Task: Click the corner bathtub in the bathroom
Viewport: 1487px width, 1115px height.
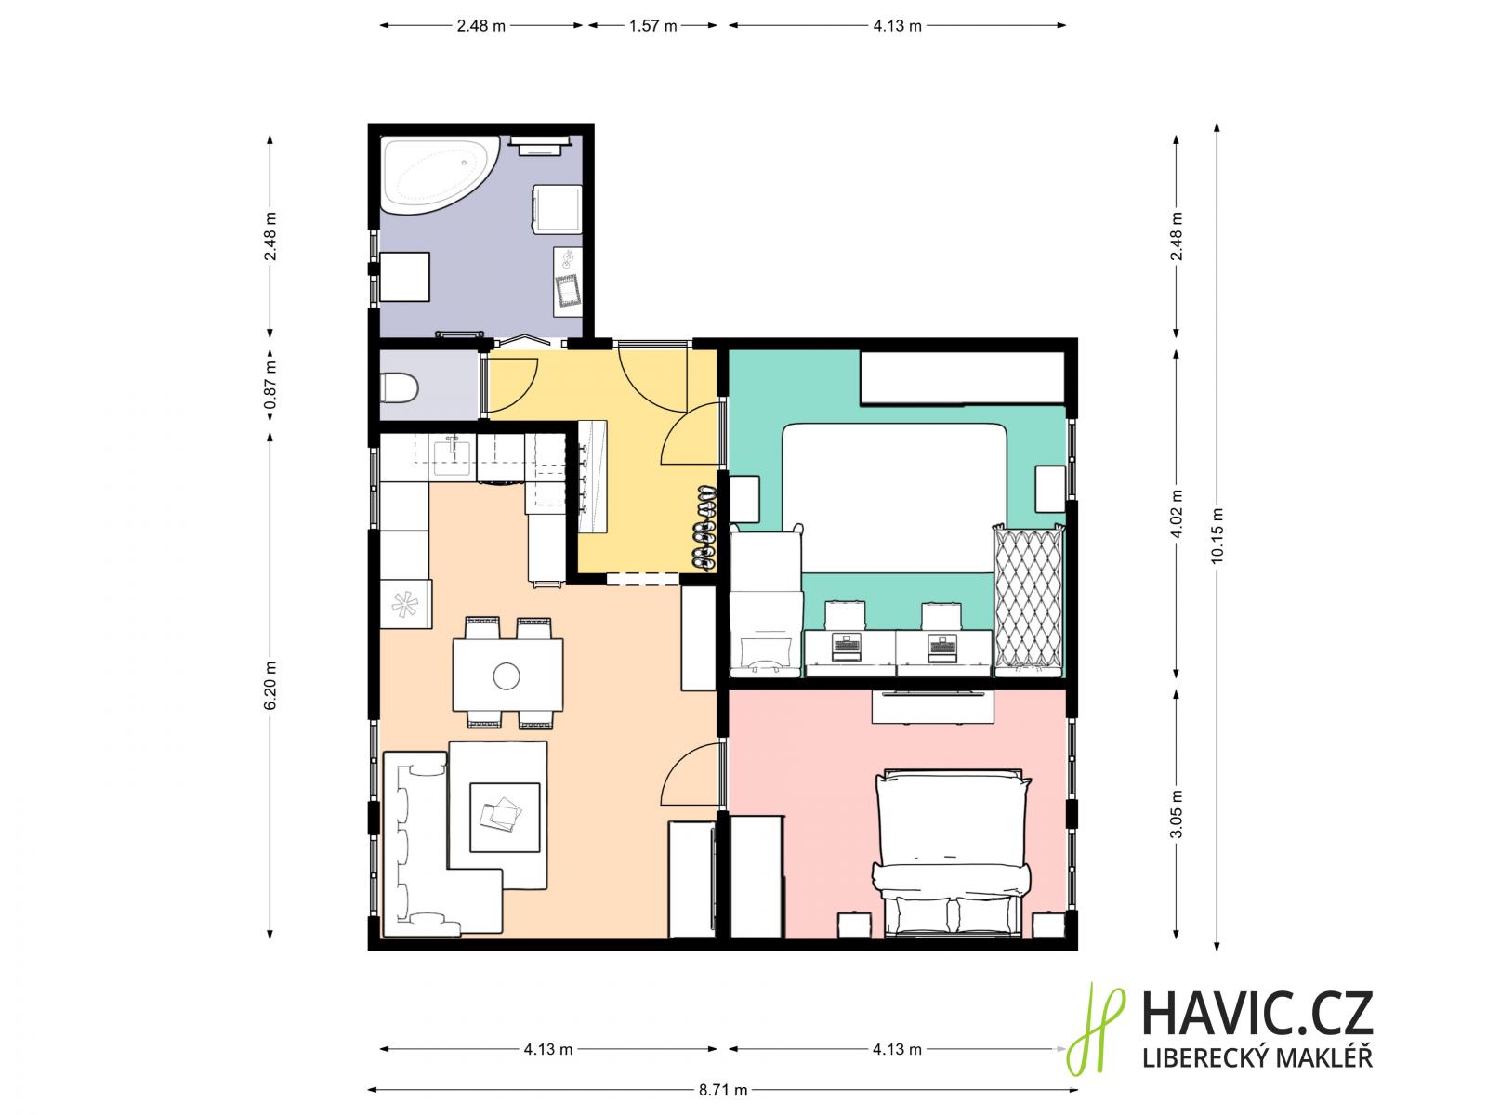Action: (x=434, y=175)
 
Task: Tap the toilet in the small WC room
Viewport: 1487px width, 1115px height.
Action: (x=399, y=388)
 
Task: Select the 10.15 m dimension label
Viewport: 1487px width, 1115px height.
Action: (x=1217, y=535)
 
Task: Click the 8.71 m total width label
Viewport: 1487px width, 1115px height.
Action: (x=723, y=1090)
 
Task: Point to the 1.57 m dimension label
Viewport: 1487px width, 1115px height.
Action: (x=653, y=26)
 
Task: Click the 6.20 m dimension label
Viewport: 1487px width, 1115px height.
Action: (x=270, y=685)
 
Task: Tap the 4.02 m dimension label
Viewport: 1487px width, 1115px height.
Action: (x=1177, y=514)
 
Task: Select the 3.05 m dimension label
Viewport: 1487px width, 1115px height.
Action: (x=1177, y=814)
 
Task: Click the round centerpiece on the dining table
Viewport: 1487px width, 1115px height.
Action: (x=507, y=676)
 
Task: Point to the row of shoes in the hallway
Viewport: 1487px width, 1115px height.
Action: (x=704, y=527)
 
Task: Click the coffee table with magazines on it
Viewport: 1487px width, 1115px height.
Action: (x=505, y=817)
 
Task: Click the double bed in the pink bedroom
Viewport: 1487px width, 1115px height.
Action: (x=952, y=854)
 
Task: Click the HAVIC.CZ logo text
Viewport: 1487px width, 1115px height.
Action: (x=1257, y=1014)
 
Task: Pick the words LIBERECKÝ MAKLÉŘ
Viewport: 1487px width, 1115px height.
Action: (x=1257, y=1057)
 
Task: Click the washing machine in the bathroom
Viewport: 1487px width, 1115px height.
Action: (x=557, y=209)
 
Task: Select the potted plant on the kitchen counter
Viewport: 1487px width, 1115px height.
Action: (x=405, y=604)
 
